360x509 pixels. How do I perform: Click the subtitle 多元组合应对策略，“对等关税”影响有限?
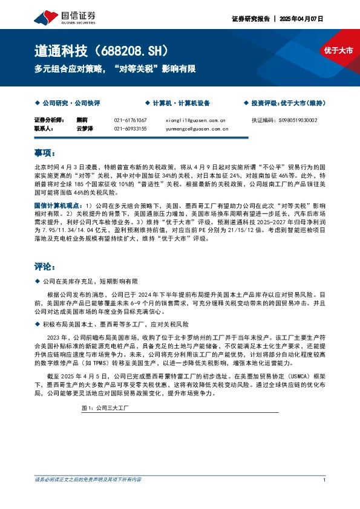click(114, 69)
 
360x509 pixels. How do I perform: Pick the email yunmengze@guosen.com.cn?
click(197, 129)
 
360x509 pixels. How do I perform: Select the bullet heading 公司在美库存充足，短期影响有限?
click(90, 281)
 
